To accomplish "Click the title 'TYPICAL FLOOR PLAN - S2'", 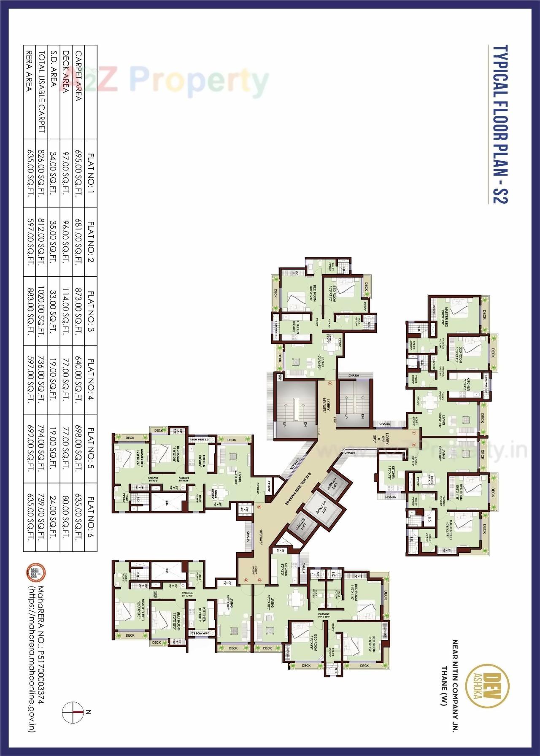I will click(500, 124).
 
